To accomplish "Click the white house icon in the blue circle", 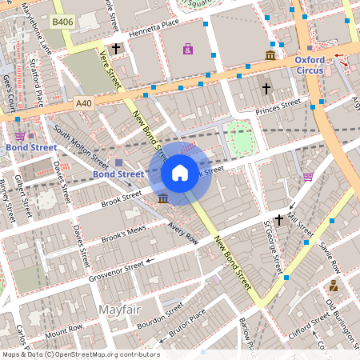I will point(180,172).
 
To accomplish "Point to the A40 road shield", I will point(84,103).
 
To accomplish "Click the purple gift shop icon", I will point(188,50).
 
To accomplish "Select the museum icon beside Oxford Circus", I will point(270,55).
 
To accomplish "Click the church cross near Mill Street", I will point(279,220).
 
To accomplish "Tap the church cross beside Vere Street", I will point(116,50).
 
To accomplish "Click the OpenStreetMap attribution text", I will point(80,354).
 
